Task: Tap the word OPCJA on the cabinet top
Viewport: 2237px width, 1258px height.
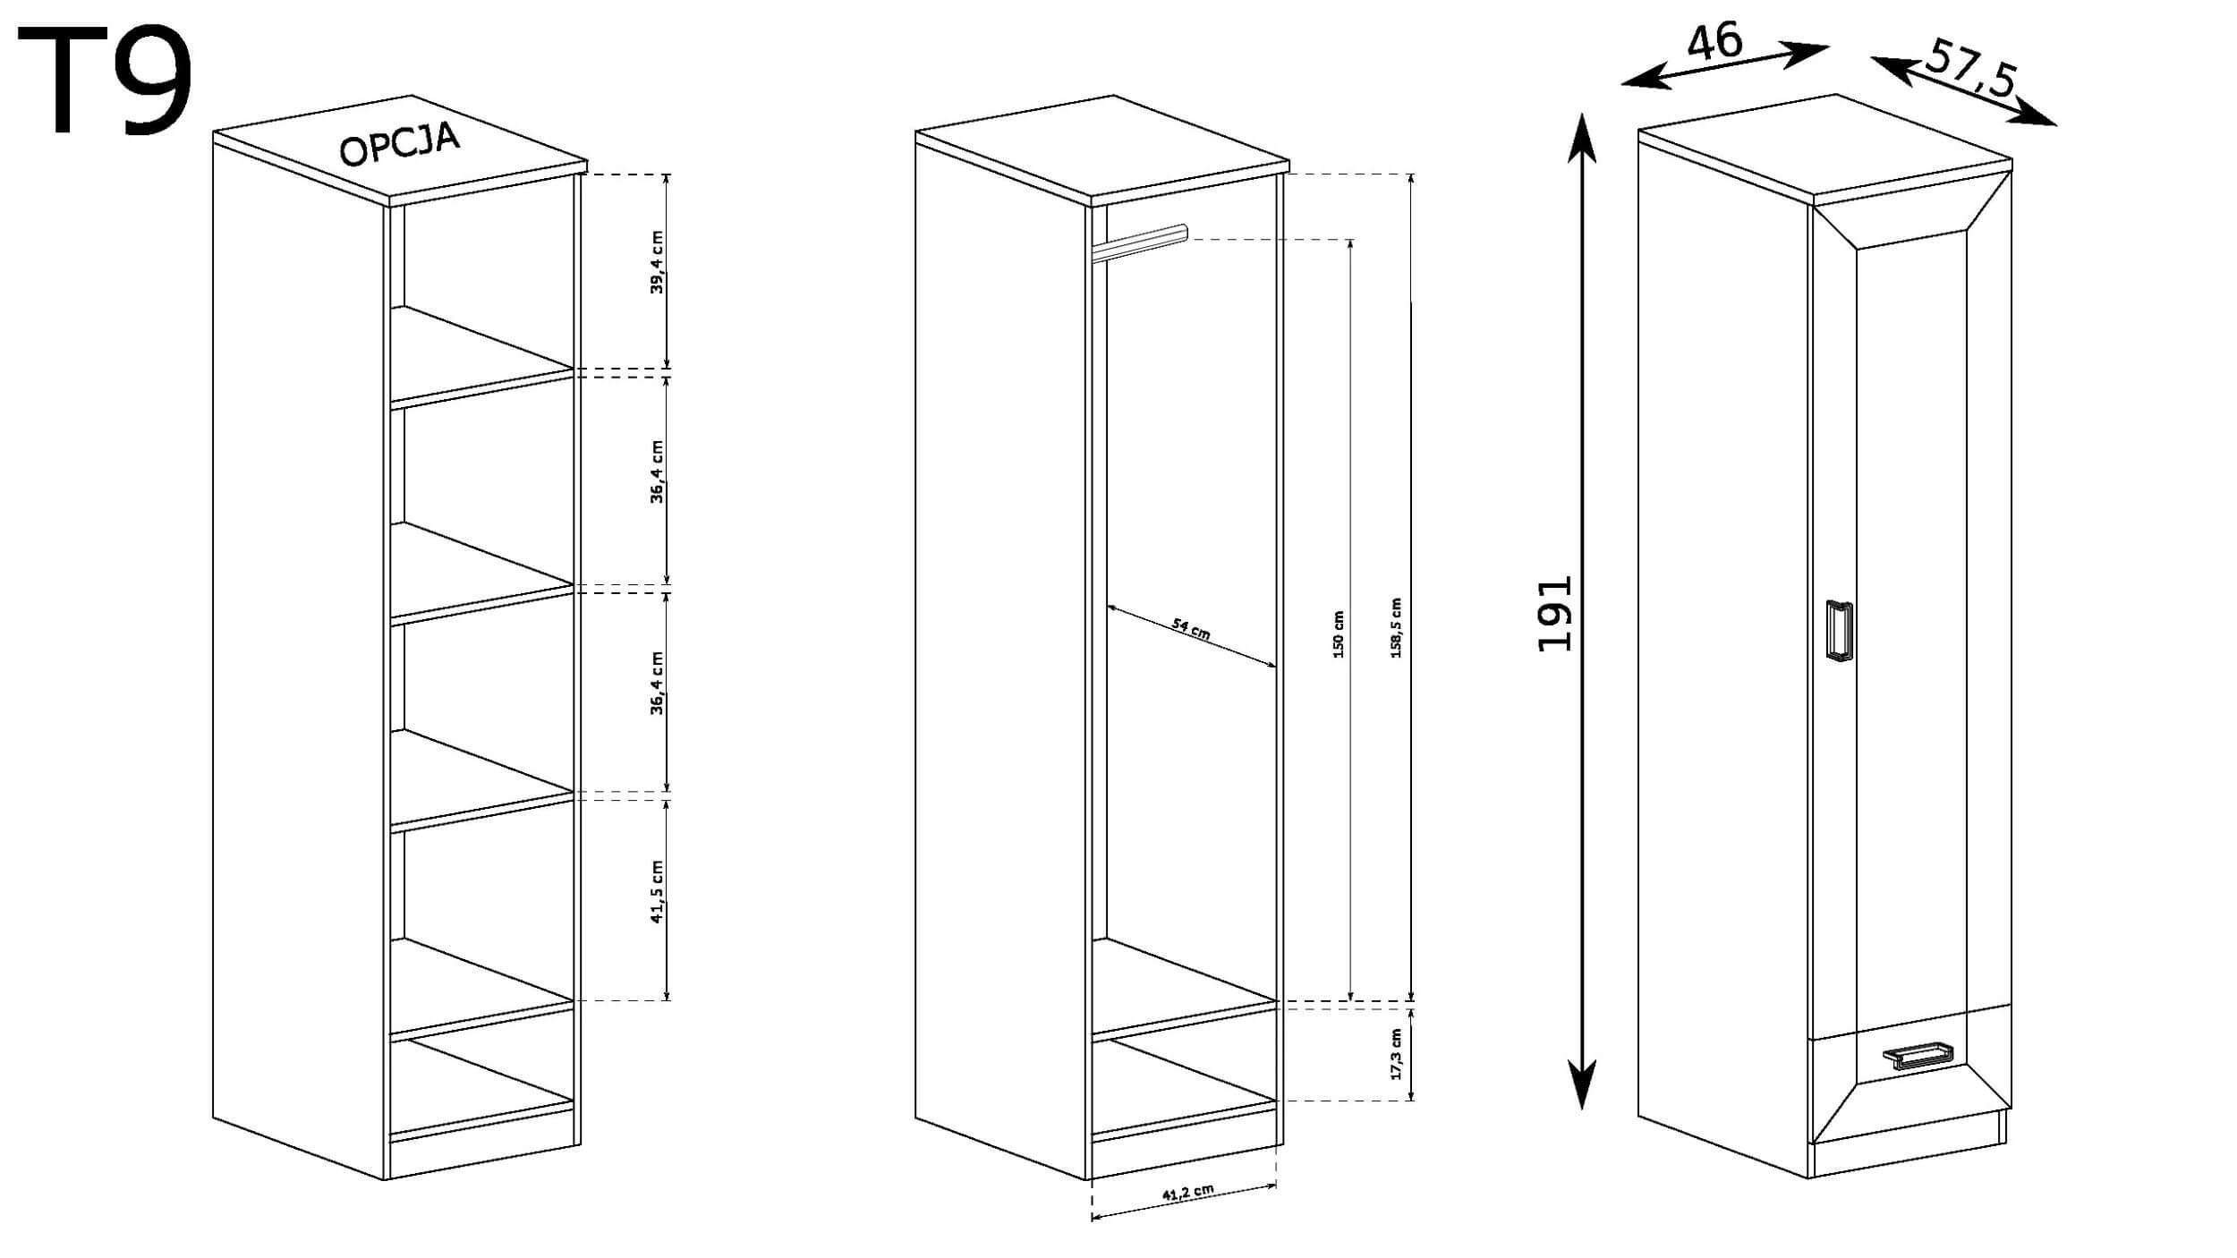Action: point(400,145)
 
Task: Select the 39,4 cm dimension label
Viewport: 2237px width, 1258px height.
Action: point(658,261)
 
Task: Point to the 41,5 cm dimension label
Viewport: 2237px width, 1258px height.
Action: point(658,891)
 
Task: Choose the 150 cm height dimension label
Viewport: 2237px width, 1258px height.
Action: point(1339,634)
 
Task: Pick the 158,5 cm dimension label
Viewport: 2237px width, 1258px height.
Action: point(1396,628)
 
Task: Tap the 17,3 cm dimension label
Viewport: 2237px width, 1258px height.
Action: point(1396,1053)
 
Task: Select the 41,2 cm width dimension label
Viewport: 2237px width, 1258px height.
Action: point(1188,1193)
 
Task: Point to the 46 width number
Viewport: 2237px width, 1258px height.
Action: point(1714,43)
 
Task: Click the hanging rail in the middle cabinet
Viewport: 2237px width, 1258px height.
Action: point(1139,243)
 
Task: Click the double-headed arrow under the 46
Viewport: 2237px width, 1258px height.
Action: point(1724,66)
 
